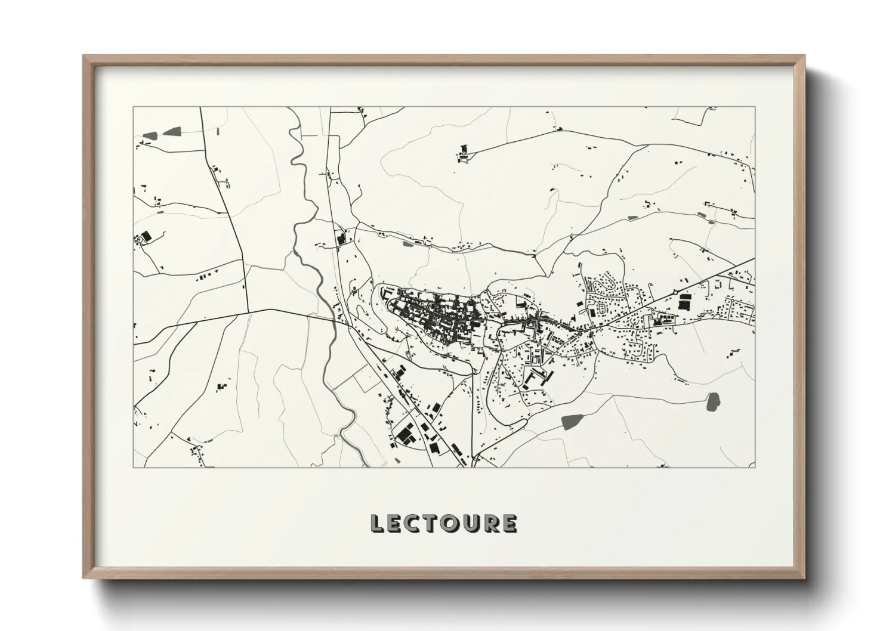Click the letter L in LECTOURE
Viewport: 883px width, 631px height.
(378, 523)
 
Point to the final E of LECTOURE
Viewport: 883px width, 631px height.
(508, 523)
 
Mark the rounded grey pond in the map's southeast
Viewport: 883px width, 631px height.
(712, 402)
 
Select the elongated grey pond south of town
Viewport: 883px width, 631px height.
(572, 422)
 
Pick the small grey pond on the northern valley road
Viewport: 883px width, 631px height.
(407, 243)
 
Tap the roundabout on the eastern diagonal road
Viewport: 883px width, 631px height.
(675, 291)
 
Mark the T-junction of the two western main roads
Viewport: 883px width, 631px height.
(248, 311)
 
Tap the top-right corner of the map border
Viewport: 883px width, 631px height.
(755, 107)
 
